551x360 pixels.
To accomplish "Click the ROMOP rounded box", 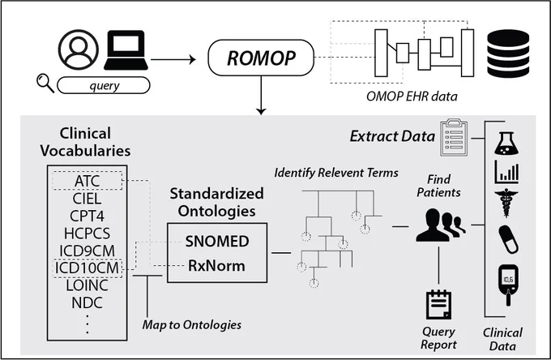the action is coord(261,58).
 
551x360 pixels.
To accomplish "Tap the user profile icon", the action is coord(79,50).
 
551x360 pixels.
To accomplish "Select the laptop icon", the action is coord(126,50).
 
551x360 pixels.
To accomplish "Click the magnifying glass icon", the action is coord(45,83).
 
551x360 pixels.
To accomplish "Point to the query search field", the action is coord(104,85).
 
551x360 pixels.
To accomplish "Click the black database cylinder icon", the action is coord(508,54).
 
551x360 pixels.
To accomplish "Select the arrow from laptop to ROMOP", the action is coord(173,59).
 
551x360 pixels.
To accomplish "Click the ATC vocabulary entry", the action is coord(88,181).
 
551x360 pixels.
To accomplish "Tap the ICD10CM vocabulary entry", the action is coord(88,268).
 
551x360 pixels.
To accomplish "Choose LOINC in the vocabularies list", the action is coord(88,285).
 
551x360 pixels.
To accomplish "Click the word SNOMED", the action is coord(217,241).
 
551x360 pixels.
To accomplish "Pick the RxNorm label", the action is coord(216,266).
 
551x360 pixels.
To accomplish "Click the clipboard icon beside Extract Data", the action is coord(454,137).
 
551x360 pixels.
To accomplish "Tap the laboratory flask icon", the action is coord(506,143).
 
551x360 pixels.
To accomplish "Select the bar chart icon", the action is coord(506,172).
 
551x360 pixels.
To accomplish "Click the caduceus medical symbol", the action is coord(506,204).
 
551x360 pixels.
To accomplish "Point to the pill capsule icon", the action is coord(508,239).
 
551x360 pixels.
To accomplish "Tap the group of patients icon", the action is coord(441,225).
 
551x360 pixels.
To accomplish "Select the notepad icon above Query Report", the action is coord(438,304).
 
